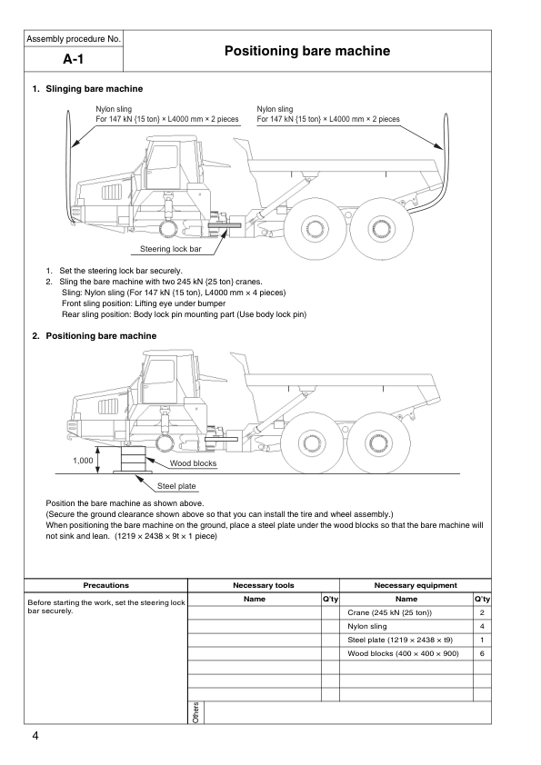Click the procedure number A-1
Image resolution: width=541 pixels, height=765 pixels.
point(74,59)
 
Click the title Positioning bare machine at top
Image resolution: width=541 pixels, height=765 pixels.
point(307,51)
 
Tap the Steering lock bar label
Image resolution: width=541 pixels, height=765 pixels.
point(170,249)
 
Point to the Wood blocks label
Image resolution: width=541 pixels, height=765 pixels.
point(193,463)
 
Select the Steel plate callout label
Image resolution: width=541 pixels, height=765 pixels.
point(176,486)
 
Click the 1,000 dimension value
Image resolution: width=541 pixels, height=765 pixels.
point(83,460)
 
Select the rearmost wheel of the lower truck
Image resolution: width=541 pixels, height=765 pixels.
point(378,443)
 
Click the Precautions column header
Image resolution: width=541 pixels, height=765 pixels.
point(106,585)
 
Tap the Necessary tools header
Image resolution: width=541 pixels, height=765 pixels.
point(264,585)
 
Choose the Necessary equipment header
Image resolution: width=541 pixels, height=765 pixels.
point(416,585)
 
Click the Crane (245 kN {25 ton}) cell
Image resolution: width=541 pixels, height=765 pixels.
point(390,612)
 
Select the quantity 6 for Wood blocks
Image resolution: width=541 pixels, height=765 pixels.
point(482,654)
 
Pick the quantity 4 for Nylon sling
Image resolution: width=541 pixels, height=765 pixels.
point(482,626)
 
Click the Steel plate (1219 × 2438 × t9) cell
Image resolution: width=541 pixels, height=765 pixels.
point(400,641)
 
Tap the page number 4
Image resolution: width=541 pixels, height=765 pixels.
point(35,736)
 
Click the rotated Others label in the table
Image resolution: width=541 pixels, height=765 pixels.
point(195,713)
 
